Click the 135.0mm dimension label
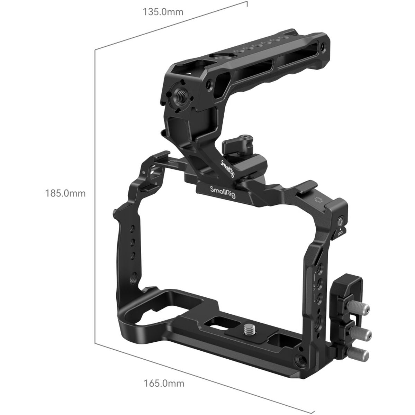point(163,12)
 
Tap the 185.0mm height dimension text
point(65,193)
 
